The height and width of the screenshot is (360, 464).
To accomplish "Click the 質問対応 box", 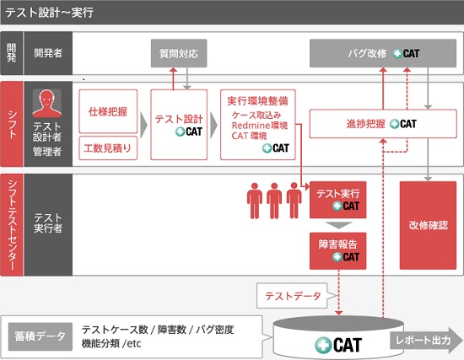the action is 179,53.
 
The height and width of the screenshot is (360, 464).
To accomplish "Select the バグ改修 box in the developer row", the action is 383,53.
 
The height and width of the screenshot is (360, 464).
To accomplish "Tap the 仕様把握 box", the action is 108,111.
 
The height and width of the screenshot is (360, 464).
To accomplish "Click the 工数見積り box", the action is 108,148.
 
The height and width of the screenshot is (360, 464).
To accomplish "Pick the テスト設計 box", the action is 179,125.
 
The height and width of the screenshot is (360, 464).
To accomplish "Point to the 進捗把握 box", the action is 383,124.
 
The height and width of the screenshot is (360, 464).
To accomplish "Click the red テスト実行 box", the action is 338,200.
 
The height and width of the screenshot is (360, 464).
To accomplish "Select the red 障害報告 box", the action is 338,251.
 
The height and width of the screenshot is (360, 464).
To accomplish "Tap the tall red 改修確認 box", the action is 428,225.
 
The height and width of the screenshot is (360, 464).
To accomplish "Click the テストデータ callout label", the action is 293,296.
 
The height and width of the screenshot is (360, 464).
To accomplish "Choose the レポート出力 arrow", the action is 426,340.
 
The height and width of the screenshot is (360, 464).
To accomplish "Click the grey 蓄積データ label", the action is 40,336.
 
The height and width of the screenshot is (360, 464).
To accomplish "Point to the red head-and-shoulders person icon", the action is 46,103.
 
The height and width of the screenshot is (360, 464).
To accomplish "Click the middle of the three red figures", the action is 274,201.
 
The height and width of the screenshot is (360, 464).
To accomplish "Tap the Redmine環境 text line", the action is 260,126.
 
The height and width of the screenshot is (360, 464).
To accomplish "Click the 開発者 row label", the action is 48,53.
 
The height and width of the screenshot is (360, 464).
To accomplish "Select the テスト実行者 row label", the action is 48,223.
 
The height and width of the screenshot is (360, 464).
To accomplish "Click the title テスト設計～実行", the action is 50,13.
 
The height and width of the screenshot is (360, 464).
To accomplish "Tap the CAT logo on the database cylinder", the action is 338,345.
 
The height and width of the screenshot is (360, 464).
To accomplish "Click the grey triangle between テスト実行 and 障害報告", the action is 338,225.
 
